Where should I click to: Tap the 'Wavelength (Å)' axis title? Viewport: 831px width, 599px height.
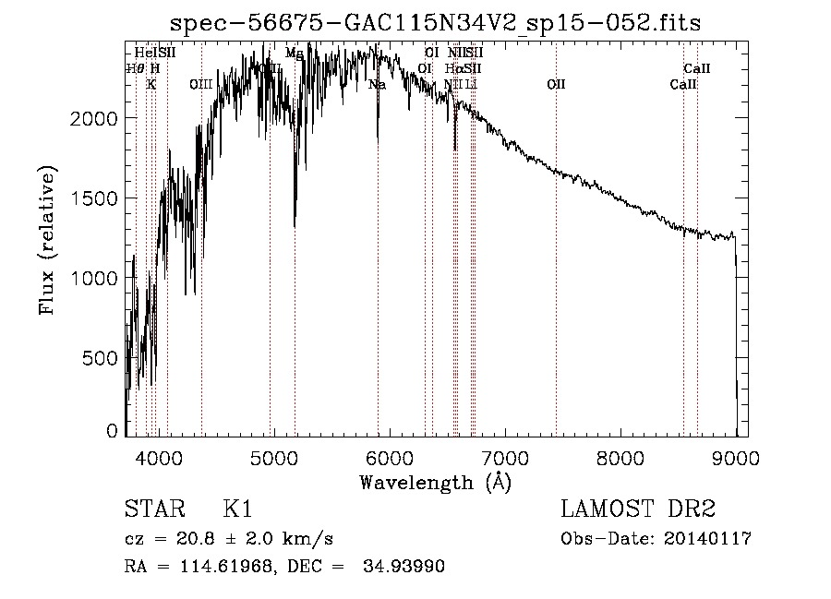point(435,482)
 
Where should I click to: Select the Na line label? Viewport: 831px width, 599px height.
point(377,85)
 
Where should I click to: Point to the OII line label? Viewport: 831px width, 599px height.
point(556,85)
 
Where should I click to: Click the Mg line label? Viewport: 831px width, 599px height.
point(294,54)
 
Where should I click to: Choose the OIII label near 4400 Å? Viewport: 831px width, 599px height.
point(201,85)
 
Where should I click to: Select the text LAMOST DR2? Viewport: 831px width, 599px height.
point(638,510)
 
